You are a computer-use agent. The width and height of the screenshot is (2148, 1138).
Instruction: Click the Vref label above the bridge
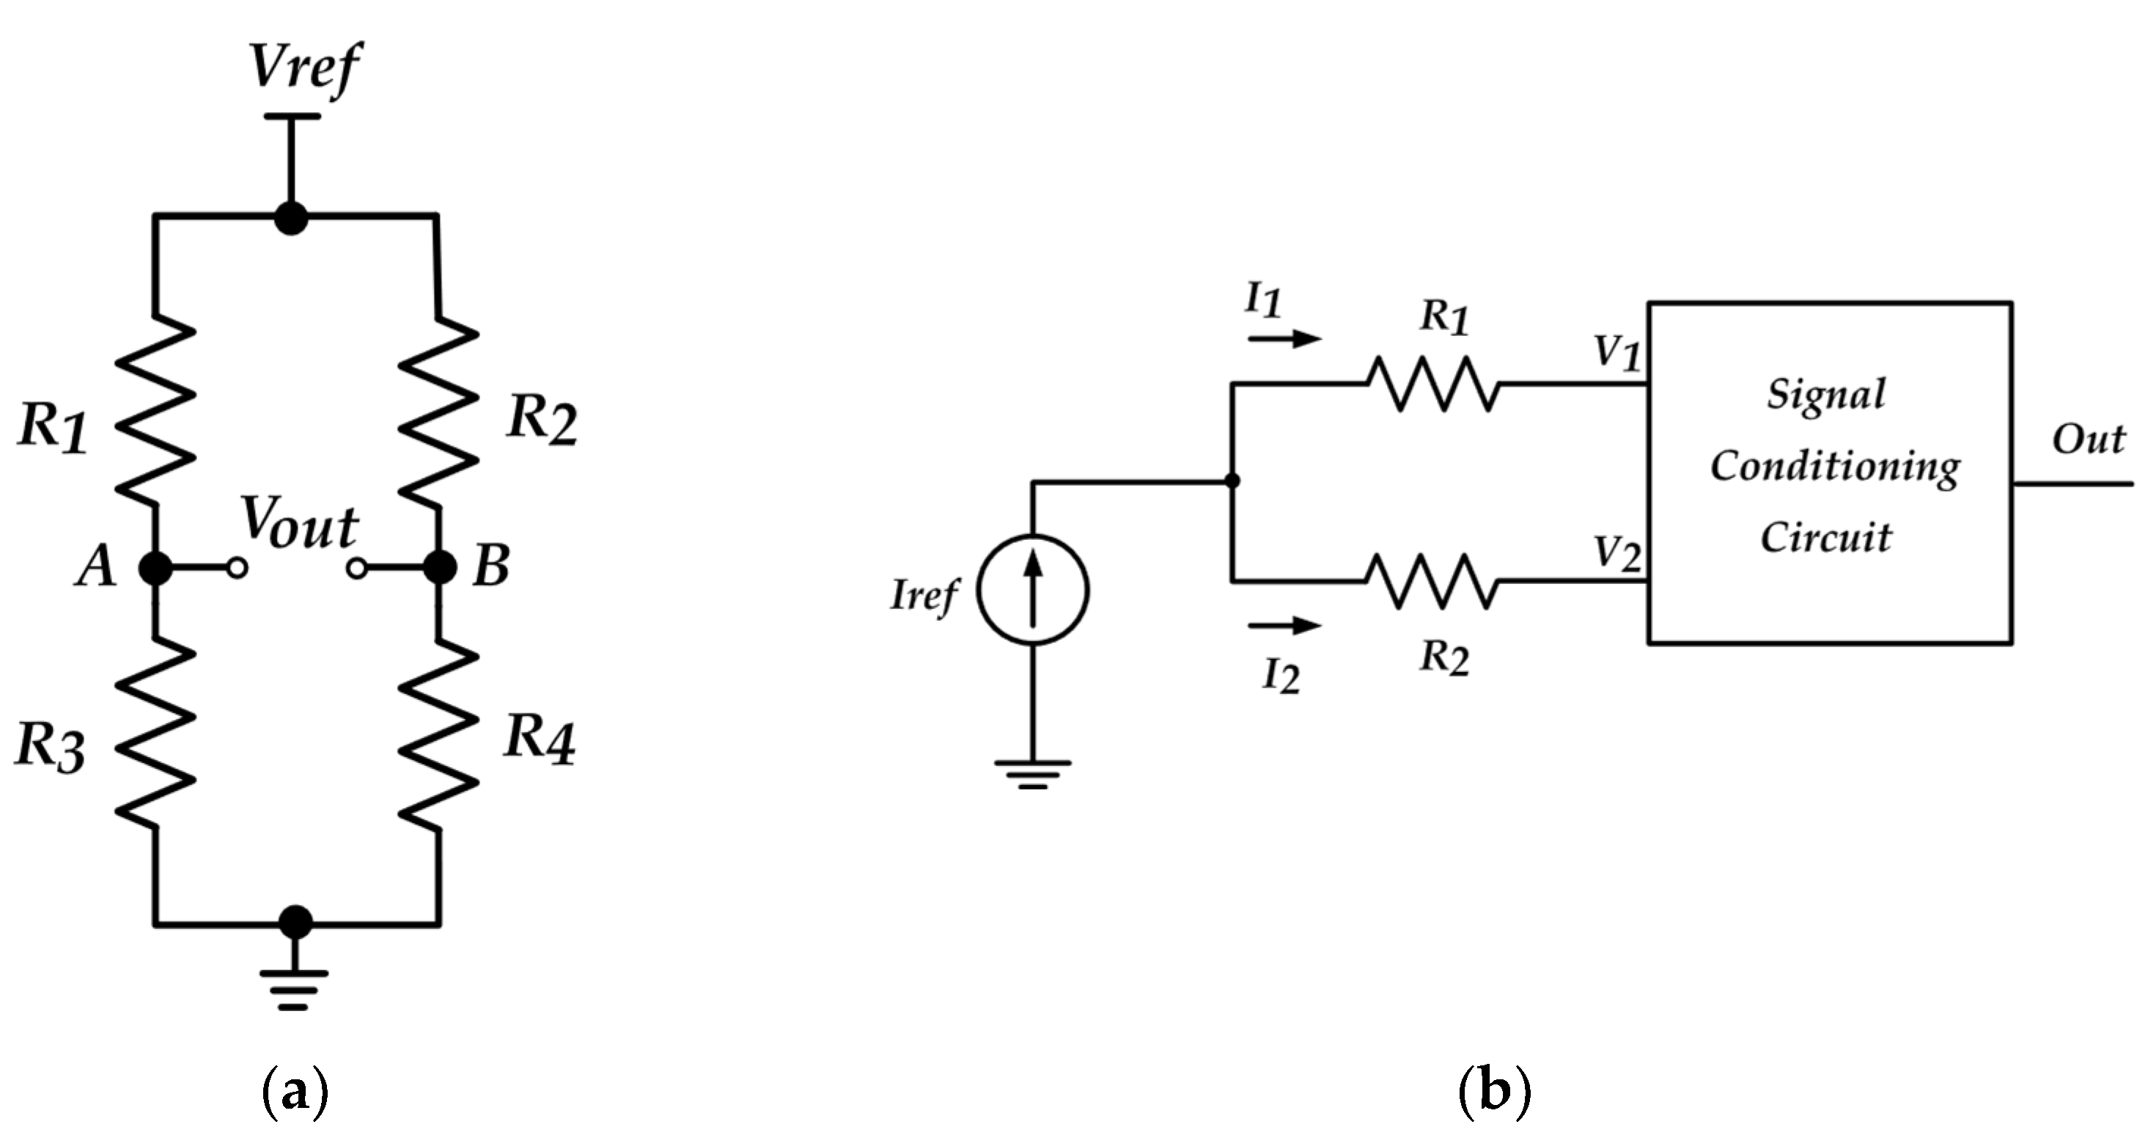pyautogui.click(x=304, y=66)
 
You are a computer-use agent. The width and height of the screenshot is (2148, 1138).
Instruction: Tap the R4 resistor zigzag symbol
pyautogui.click(x=438, y=735)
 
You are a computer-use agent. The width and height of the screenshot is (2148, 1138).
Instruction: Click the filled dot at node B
pyautogui.click(x=439, y=568)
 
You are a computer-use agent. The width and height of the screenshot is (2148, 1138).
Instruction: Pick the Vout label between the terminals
pyautogui.click(x=299, y=525)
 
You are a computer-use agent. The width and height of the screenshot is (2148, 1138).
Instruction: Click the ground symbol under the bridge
pyautogui.click(x=293, y=988)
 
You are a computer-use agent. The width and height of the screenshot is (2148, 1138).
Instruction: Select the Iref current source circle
pyautogui.click(x=1032, y=590)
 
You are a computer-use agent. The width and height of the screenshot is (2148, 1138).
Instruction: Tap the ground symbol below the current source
pyautogui.click(x=1032, y=774)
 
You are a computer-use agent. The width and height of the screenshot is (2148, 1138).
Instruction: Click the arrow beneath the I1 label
pyautogui.click(x=1285, y=339)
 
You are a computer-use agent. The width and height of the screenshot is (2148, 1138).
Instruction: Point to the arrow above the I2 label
pyautogui.click(x=1285, y=625)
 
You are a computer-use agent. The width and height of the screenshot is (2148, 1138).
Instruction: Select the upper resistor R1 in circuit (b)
pyautogui.click(x=1432, y=384)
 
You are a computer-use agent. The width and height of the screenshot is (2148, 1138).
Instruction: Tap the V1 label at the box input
pyautogui.click(x=1616, y=354)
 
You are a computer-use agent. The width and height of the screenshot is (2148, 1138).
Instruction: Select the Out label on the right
pyautogui.click(x=2087, y=439)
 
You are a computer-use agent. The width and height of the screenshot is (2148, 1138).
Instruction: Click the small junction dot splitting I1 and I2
pyautogui.click(x=1232, y=481)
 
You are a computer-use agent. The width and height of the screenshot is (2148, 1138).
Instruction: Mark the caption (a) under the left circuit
pyautogui.click(x=295, y=1090)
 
